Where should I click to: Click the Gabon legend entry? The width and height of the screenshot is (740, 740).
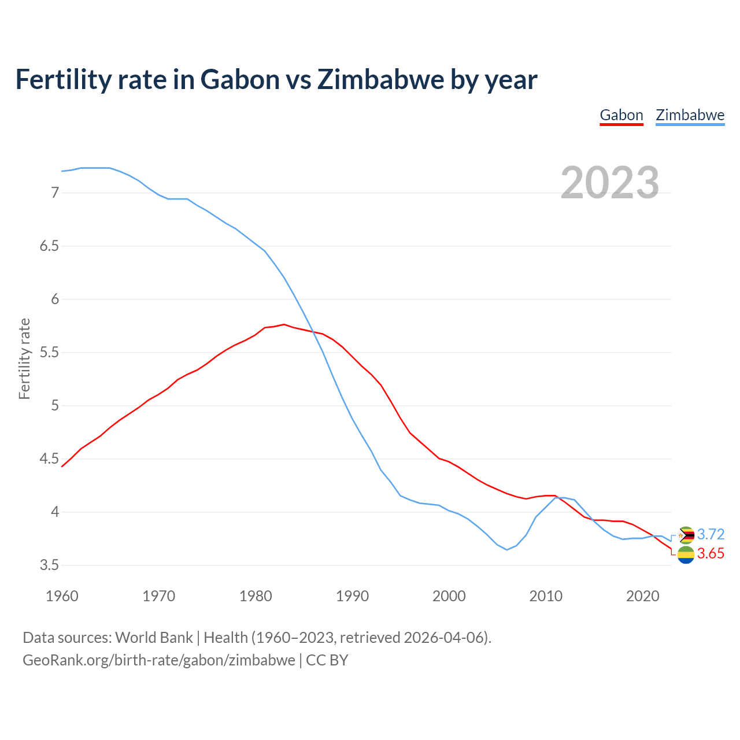click(x=621, y=115)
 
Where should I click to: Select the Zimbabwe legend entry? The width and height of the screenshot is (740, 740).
click(x=690, y=115)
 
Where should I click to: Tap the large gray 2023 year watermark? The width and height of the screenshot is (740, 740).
click(x=610, y=183)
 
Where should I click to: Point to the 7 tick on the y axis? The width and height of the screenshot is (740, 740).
click(x=55, y=193)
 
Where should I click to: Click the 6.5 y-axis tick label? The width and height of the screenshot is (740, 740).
click(x=49, y=246)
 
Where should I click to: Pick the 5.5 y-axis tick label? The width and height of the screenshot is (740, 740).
click(x=49, y=352)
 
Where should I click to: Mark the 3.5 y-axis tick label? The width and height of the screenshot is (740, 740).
click(x=49, y=565)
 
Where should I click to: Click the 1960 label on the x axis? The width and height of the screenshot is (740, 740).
click(x=62, y=596)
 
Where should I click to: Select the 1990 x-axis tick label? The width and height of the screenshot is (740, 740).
click(x=352, y=596)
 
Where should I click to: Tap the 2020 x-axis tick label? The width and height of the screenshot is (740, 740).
click(x=642, y=596)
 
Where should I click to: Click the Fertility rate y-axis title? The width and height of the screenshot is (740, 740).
click(x=24, y=358)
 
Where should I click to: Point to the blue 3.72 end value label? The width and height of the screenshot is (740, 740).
click(x=711, y=534)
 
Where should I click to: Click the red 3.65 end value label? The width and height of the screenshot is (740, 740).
click(x=711, y=553)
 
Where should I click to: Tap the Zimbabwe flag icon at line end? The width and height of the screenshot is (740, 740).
click(x=686, y=535)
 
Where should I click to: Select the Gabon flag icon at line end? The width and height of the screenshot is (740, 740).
click(x=686, y=555)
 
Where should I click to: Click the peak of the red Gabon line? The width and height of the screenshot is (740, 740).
click(x=284, y=324)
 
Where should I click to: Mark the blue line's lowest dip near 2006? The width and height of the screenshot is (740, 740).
click(x=507, y=550)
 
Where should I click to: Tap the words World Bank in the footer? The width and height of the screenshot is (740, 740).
click(x=154, y=638)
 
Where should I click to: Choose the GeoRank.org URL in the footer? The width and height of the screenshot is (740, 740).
click(x=159, y=660)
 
